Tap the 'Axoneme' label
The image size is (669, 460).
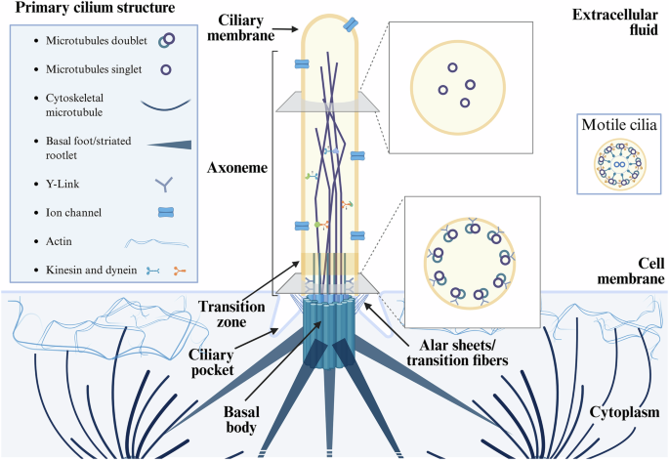point(238,166)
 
